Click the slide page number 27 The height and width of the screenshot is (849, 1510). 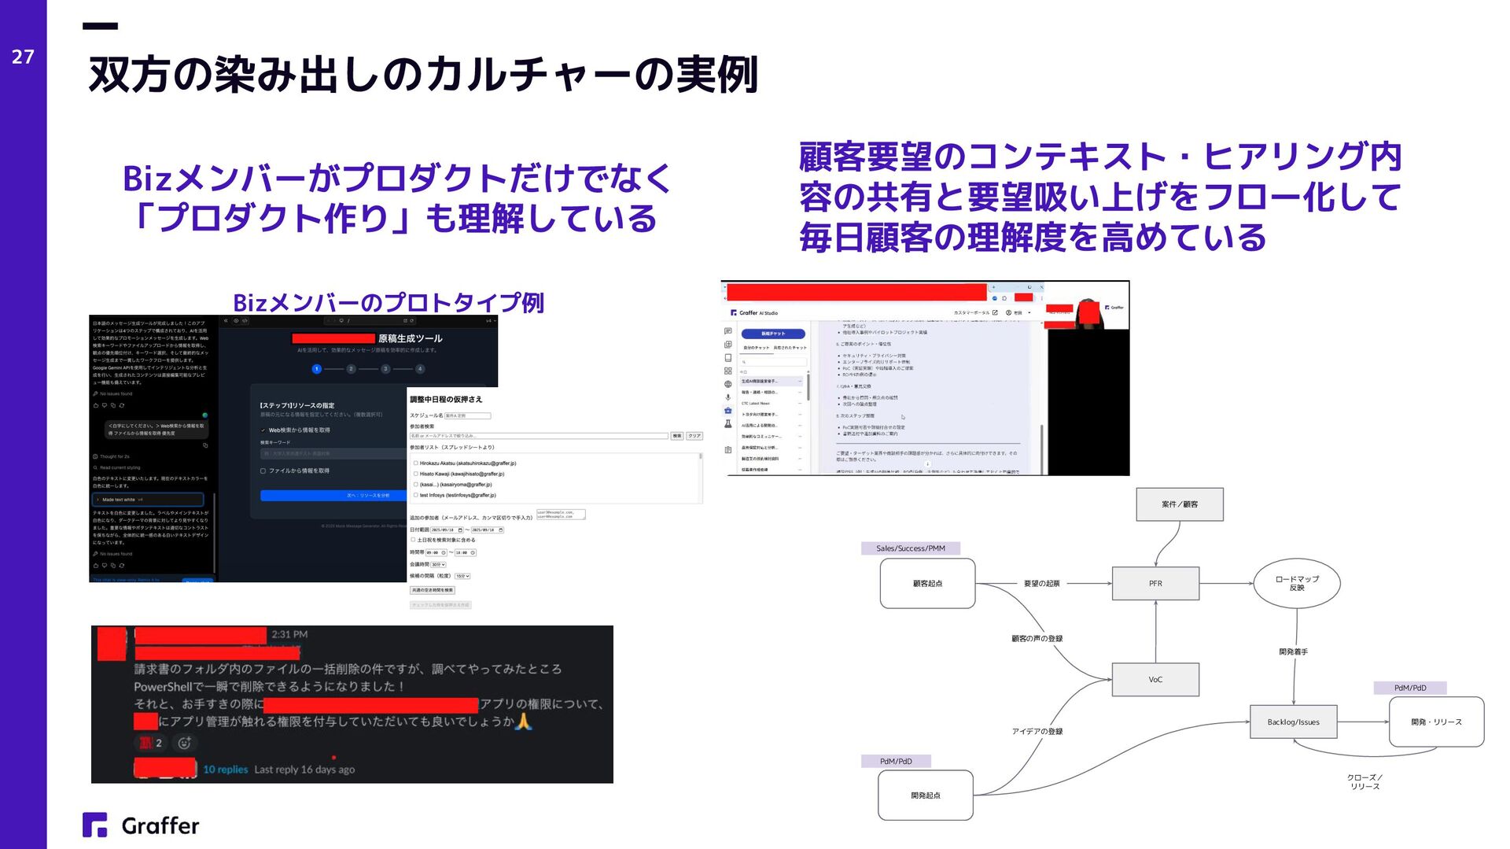click(23, 57)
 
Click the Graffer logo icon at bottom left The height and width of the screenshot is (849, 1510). click(95, 825)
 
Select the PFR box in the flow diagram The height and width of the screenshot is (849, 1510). click(1155, 584)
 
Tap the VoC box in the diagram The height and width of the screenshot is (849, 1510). click(1155, 680)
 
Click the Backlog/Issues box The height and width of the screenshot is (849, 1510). click(1293, 722)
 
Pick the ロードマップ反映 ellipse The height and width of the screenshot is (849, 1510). click(1297, 584)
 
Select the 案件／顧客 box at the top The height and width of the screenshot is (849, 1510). click(1179, 504)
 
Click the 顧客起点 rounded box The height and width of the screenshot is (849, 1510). click(927, 584)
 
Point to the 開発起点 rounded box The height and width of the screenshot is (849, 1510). click(926, 795)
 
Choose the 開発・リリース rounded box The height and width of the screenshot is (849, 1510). click(1436, 722)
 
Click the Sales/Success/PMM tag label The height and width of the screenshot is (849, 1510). click(911, 548)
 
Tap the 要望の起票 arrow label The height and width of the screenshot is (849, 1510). click(1041, 584)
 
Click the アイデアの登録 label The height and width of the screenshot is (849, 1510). click(1037, 732)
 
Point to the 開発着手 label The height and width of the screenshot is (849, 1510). click(1293, 652)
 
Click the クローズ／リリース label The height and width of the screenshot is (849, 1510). click(1365, 782)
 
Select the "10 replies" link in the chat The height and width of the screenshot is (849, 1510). click(225, 770)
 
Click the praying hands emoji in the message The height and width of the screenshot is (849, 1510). click(524, 722)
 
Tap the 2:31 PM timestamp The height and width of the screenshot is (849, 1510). click(289, 634)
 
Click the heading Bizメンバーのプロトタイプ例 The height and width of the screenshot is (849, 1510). click(389, 303)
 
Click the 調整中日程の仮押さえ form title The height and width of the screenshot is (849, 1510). click(446, 400)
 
